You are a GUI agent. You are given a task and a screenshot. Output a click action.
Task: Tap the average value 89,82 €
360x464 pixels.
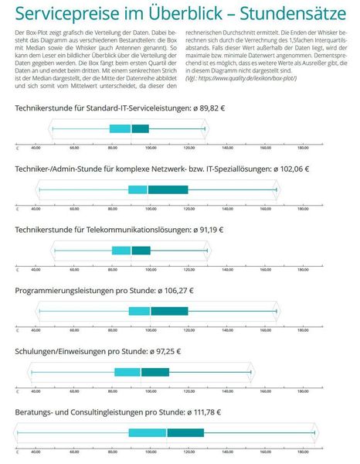click(211, 109)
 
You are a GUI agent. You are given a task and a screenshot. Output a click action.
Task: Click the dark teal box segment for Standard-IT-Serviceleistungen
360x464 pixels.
click(140, 128)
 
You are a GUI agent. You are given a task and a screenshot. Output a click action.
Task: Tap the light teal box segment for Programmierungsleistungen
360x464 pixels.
click(139, 311)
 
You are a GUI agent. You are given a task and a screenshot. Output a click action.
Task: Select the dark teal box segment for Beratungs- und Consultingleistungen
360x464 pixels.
click(185, 432)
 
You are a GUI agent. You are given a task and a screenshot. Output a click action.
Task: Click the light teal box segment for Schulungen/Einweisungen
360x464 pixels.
click(127, 372)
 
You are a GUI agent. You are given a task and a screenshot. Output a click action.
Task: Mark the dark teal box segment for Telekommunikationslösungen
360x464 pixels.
click(141, 250)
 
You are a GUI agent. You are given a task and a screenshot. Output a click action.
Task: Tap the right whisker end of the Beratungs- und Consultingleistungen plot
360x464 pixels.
click(314, 432)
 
